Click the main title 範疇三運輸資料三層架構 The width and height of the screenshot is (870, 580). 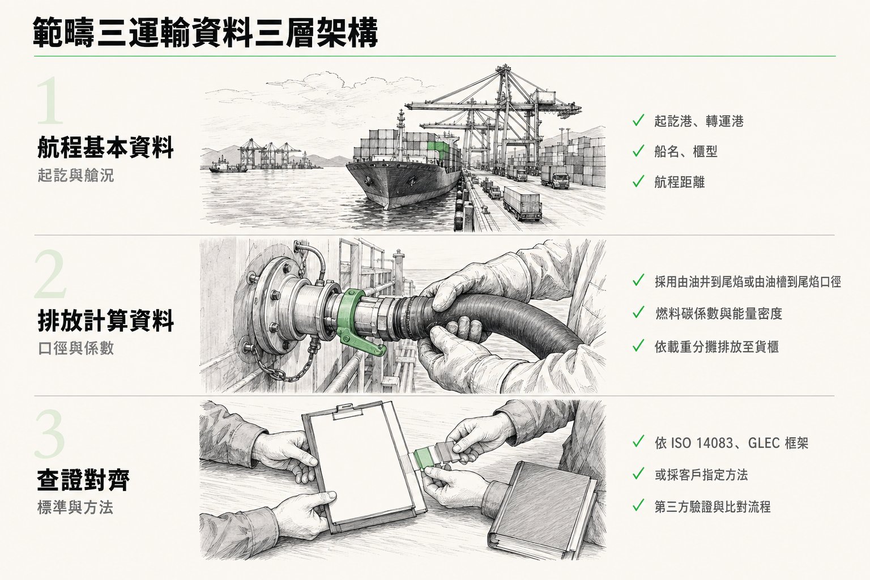pyautogui.click(x=206, y=33)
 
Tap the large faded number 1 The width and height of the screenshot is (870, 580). pyautogui.click(x=50, y=101)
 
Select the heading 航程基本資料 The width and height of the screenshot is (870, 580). pyautogui.click(x=105, y=148)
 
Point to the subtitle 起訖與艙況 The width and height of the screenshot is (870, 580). pyautogui.click(x=76, y=175)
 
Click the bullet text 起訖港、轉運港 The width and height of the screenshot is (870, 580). pyautogui.click(x=699, y=121)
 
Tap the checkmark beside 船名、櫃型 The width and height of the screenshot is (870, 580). pyautogui.click(x=638, y=151)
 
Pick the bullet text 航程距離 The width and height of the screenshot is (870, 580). pyautogui.click(x=679, y=182)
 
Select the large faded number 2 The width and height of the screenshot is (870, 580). pyautogui.click(x=50, y=274)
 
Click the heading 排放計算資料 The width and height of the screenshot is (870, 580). pyautogui.click(x=106, y=321)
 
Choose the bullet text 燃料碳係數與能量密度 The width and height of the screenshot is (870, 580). pyautogui.click(x=719, y=313)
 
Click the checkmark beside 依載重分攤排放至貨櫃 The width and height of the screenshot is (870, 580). pyautogui.click(x=638, y=346)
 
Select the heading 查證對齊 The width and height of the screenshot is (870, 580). pyautogui.click(x=83, y=480)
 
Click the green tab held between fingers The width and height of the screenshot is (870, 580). pyautogui.click(x=425, y=458)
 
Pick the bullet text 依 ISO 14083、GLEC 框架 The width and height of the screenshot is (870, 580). pyautogui.click(x=731, y=443)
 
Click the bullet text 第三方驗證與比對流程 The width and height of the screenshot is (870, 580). pyautogui.click(x=713, y=506)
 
